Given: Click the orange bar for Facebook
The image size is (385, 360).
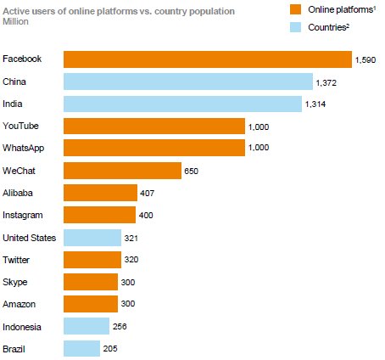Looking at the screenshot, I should click(x=208, y=59).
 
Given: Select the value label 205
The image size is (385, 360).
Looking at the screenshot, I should click(x=111, y=348).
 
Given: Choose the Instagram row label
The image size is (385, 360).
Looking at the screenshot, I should click(x=23, y=215).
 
